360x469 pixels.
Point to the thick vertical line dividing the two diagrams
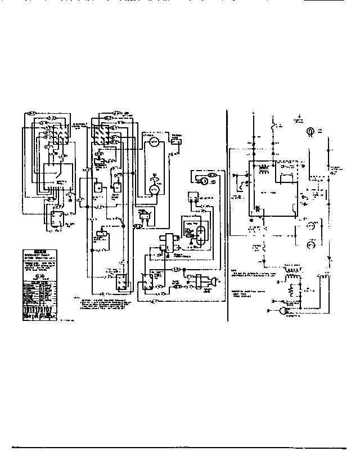[x=228, y=214]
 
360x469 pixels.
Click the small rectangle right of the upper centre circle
[x=175, y=141]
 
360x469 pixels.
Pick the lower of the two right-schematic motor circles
[x=309, y=246]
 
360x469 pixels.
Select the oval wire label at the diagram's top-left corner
[x=31, y=114]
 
